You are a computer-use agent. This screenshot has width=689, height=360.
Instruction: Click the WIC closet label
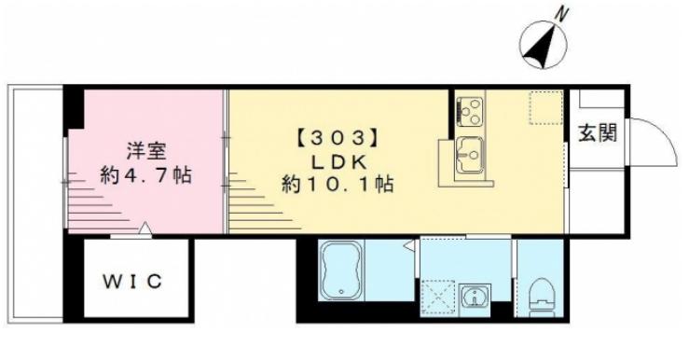(x=132, y=282)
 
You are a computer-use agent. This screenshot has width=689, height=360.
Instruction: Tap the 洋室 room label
(x=146, y=151)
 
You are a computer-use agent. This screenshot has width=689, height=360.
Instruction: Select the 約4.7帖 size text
(x=145, y=175)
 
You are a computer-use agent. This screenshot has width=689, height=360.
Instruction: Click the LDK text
(x=338, y=162)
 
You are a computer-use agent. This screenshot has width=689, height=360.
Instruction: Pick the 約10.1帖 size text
(x=338, y=184)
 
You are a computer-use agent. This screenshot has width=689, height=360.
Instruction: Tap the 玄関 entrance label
(x=597, y=132)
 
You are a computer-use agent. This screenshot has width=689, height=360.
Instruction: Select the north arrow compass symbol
(x=544, y=45)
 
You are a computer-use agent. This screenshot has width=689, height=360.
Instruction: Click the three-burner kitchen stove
(x=470, y=111)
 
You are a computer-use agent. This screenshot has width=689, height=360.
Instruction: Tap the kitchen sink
(x=470, y=155)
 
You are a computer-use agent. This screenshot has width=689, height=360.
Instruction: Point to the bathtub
(x=341, y=270)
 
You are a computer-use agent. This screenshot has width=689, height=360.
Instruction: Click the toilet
(x=540, y=297)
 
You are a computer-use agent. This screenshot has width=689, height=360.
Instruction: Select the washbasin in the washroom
(x=475, y=298)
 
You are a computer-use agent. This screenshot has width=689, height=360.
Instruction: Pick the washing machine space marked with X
(x=437, y=298)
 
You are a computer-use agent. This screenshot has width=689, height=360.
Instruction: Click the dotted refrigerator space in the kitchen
(x=546, y=107)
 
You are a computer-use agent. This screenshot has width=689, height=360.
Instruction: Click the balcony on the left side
(x=35, y=206)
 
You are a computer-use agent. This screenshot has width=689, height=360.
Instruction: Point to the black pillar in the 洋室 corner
(x=74, y=107)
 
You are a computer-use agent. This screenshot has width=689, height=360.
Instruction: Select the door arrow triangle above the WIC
(x=145, y=229)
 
